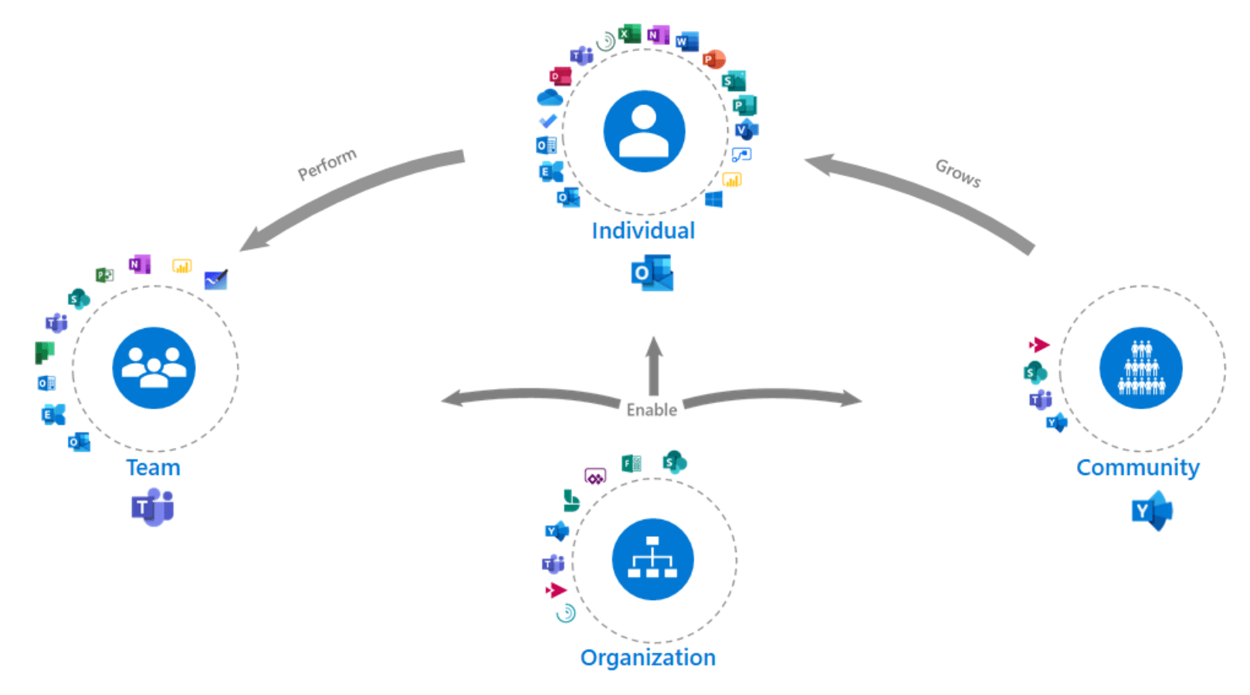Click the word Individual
[643, 231]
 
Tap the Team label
[153, 468]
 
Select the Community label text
[1137, 468]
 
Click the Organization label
[648, 658]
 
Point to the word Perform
[327, 164]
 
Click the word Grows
[958, 173]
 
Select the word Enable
[652, 410]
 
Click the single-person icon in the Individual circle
[644, 131]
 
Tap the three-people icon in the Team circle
[154, 368]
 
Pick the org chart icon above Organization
[652, 559]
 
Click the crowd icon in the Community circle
[1140, 368]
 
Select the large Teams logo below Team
[153, 509]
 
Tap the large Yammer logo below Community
[1152, 512]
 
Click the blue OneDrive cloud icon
[550, 98]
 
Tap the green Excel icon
[630, 34]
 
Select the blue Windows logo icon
[714, 200]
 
